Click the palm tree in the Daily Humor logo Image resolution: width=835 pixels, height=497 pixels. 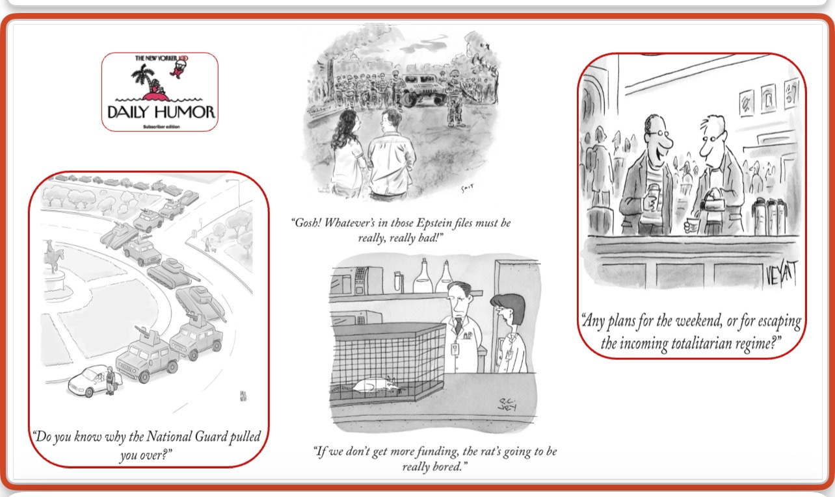pyautogui.click(x=144, y=78)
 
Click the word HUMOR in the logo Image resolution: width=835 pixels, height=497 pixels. pyautogui.click(x=185, y=112)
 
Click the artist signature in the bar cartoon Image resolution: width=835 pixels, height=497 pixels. pyautogui.click(x=781, y=274)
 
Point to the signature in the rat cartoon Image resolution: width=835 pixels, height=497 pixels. pyautogui.click(x=507, y=404)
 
